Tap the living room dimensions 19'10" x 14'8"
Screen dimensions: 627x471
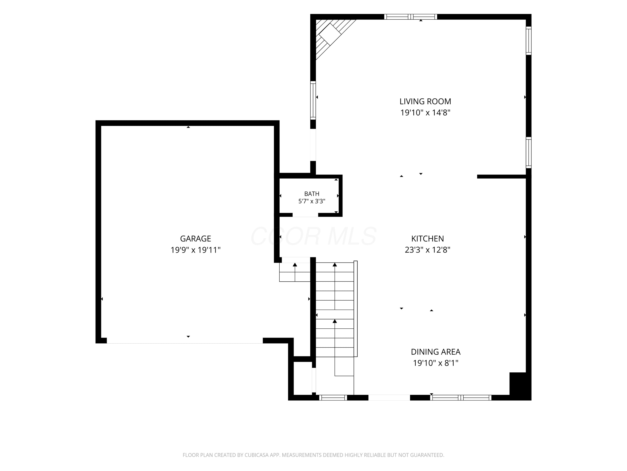pyautogui.click(x=425, y=113)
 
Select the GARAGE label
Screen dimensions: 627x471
pyautogui.click(x=196, y=238)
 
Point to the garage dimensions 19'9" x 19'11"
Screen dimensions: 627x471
pyautogui.click(x=196, y=250)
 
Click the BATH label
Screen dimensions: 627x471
pyautogui.click(x=312, y=194)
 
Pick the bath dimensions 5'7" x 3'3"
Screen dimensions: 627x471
pyautogui.click(x=312, y=201)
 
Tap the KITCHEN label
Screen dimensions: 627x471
pyautogui.click(x=427, y=238)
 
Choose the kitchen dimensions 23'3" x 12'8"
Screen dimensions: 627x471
pyautogui.click(x=427, y=250)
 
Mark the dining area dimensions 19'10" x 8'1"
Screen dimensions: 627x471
pyautogui.click(x=436, y=363)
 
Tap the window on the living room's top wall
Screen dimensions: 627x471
pyautogui.click(x=410, y=17)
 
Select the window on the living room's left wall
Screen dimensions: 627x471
pyautogui.click(x=313, y=100)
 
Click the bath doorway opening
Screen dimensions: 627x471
pyautogui.click(x=305, y=215)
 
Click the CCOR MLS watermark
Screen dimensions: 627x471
pyautogui.click(x=313, y=236)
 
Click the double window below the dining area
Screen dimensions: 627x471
pyautogui.click(x=461, y=398)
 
